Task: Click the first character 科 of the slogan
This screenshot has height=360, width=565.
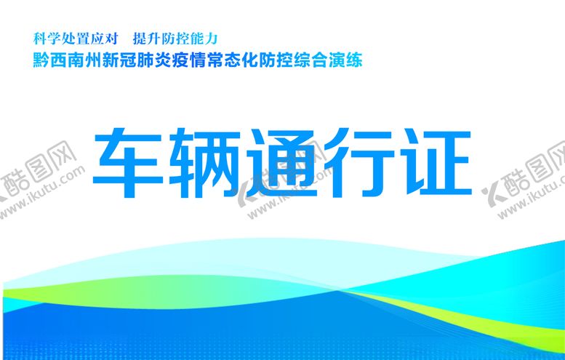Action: (39, 38)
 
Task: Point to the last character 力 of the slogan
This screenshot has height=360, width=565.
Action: (213, 38)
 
